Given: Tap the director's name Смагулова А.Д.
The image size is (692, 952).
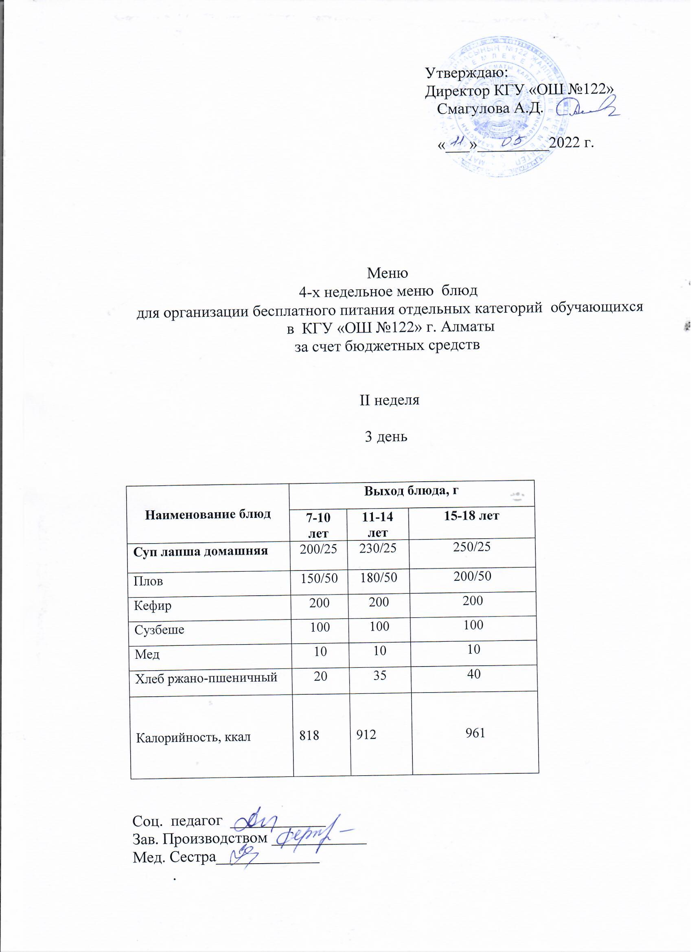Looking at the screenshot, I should [x=490, y=109].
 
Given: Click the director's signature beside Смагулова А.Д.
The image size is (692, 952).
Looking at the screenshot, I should [x=587, y=107].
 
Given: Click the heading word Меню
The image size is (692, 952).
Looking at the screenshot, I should [x=388, y=273].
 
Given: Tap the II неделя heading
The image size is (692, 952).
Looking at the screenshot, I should [x=390, y=400].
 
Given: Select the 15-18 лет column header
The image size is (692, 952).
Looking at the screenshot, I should [x=471, y=516].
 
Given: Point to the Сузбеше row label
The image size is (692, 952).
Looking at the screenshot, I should [x=159, y=630].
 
